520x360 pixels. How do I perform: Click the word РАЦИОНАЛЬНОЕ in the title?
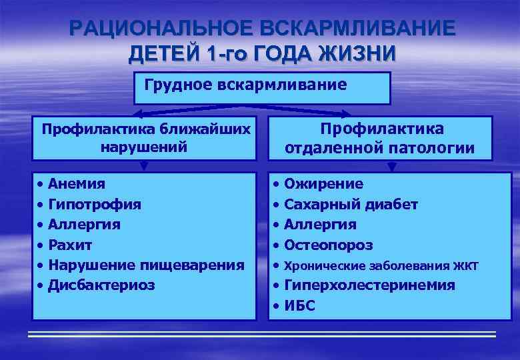[x=160, y=29]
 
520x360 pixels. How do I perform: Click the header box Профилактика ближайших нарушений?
[x=144, y=137]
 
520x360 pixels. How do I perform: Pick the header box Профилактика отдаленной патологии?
[x=379, y=138]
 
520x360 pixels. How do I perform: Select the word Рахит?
[x=74, y=244]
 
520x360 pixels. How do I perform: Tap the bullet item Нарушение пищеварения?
[x=146, y=265]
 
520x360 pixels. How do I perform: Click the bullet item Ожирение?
[x=323, y=183]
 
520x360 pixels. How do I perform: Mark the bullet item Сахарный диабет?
[x=351, y=204]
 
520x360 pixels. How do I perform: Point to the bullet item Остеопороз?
[x=328, y=245]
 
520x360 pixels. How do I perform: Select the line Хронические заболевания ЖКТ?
[x=381, y=265]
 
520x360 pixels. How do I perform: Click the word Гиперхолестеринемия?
[x=369, y=285]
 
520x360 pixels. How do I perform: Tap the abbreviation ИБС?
[x=299, y=305]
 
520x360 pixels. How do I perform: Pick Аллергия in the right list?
[x=320, y=224]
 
